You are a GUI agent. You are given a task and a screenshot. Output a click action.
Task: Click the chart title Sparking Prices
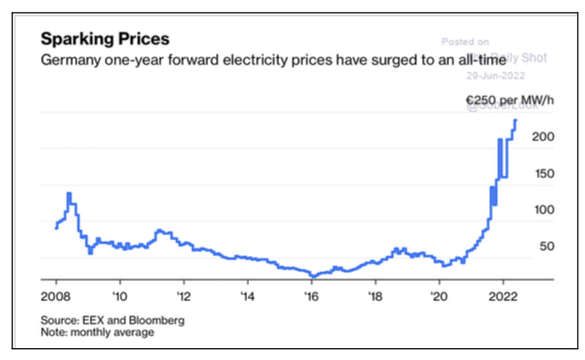[x=104, y=40]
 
